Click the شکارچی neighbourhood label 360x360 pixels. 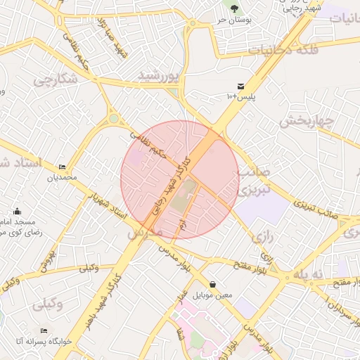tap(56, 79)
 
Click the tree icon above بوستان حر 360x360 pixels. tap(233, 8)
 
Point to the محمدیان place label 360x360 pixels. tap(60, 178)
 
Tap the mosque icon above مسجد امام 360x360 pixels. tap(17, 211)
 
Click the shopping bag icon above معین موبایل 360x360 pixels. tap(212, 284)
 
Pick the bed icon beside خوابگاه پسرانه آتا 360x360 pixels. tap(44, 330)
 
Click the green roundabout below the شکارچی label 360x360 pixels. tap(113, 119)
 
